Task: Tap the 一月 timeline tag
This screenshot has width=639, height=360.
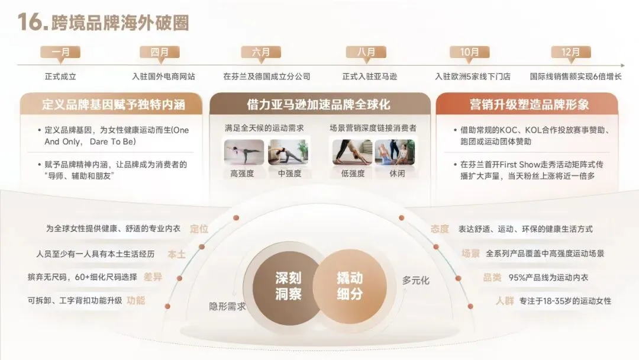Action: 60,52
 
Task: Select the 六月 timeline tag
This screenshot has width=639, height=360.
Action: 261,52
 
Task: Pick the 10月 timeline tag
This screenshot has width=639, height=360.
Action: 469,52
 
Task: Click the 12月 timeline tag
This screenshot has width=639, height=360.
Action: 570,52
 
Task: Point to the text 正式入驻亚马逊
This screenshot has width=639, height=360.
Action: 370,76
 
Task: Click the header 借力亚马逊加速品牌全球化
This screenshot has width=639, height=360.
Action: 318,105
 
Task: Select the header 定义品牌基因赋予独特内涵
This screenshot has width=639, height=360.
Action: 114,105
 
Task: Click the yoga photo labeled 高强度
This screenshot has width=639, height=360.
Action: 244,152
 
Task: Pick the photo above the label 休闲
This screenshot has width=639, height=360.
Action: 395,152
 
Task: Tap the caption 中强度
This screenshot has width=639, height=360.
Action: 289,174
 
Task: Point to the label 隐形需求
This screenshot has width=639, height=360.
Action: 227,306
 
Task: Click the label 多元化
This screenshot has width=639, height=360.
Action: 415,280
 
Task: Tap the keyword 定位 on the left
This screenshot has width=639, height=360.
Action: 199,229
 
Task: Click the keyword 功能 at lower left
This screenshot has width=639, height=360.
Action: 135,300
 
